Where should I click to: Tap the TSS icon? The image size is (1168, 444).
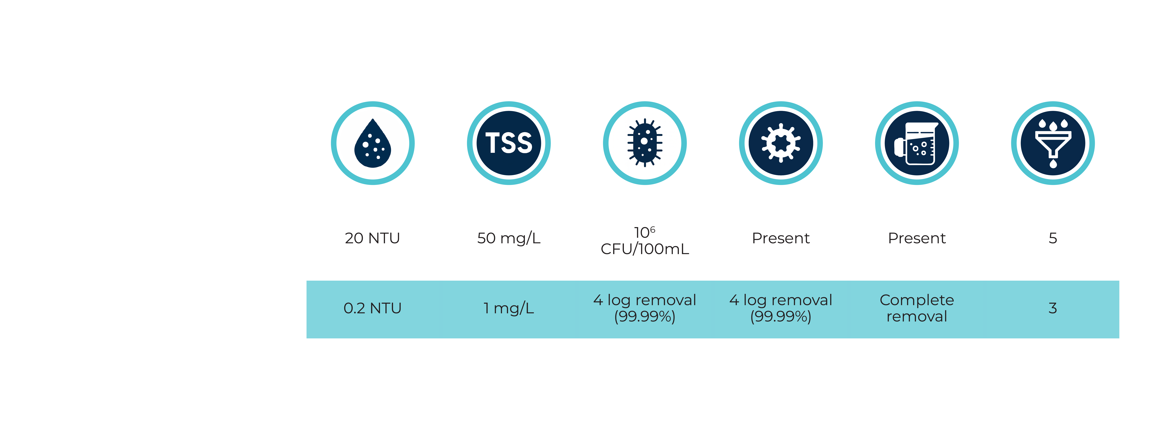pos(509,143)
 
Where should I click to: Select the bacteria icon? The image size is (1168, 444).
pos(645,143)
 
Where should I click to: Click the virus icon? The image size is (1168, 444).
pos(781,143)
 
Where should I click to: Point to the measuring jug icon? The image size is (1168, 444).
pos(917,143)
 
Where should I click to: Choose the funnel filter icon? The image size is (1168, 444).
pos(1053,143)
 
